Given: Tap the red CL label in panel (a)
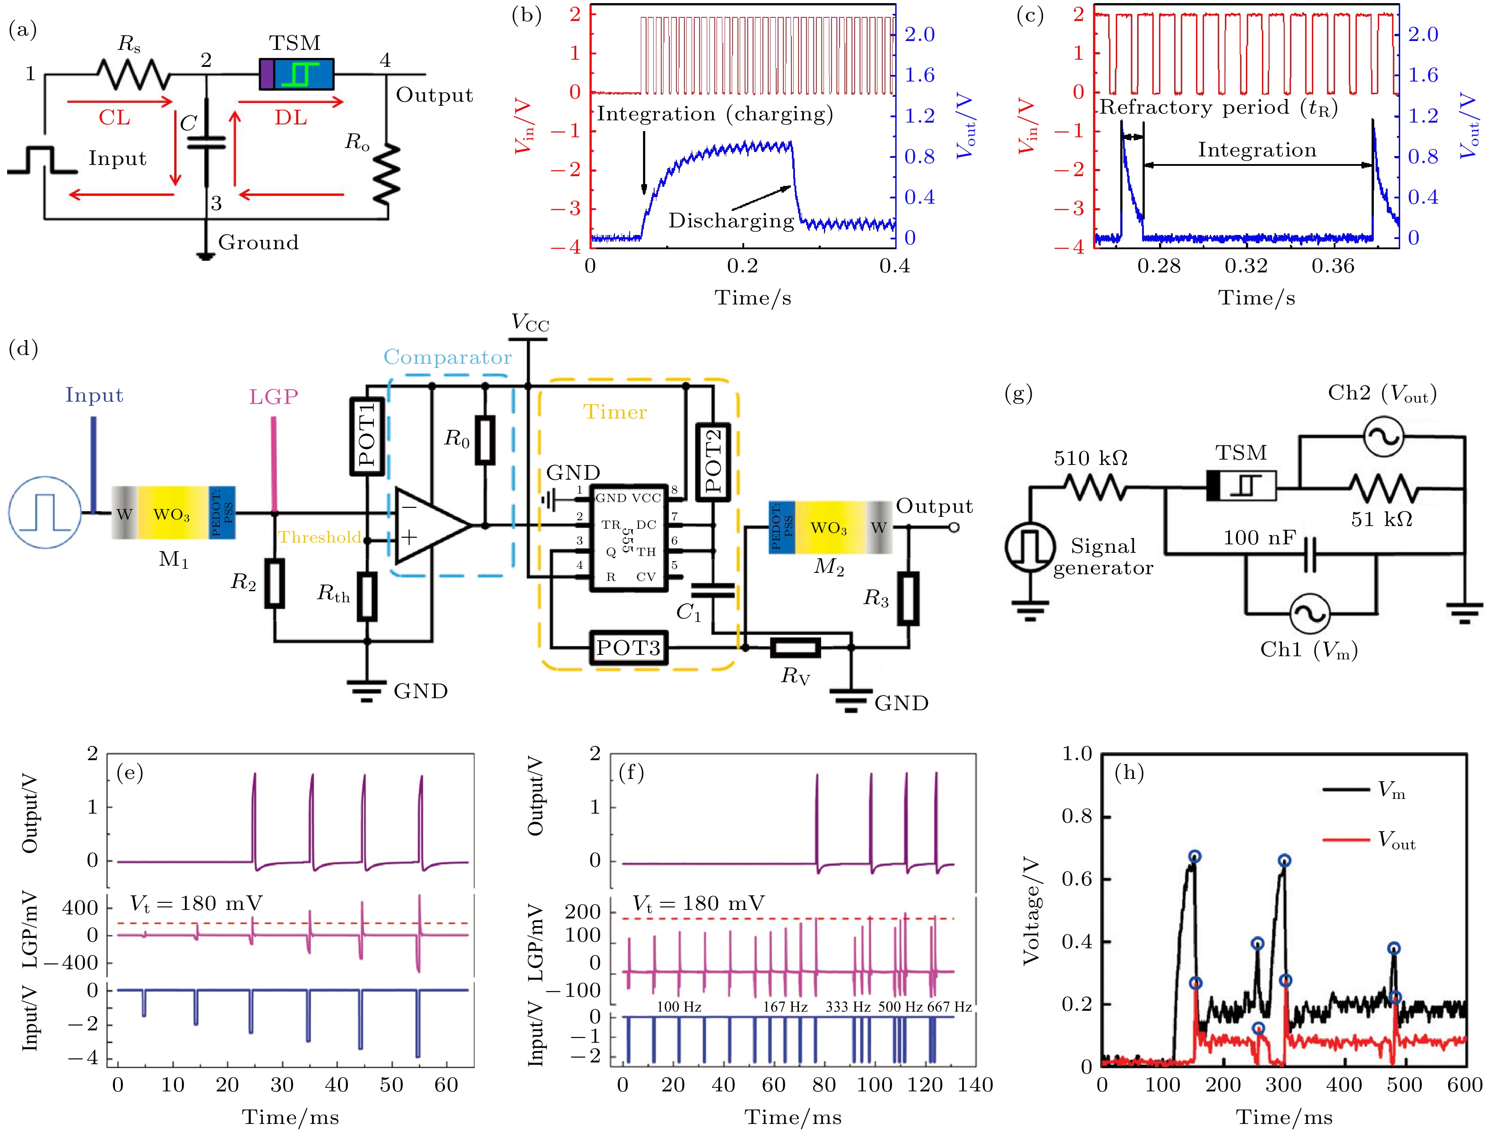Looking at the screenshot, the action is [x=115, y=118].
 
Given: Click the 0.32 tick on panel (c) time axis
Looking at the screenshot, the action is [x=1245, y=266].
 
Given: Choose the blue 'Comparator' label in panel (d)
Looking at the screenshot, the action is [x=447, y=357].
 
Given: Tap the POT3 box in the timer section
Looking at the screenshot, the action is [x=628, y=648].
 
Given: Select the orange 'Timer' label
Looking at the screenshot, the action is [x=615, y=412].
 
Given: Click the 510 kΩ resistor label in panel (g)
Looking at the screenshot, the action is [x=1090, y=458].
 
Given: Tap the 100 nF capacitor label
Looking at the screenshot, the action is [x=1260, y=538].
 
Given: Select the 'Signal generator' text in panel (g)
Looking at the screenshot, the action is [x=1103, y=557].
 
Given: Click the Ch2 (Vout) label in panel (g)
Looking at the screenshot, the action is [x=1382, y=394].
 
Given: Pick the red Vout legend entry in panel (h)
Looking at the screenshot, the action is [x=1368, y=840].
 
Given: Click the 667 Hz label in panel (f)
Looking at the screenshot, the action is [x=950, y=1007].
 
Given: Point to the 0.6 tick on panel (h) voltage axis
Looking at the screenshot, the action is [x=1077, y=880].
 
